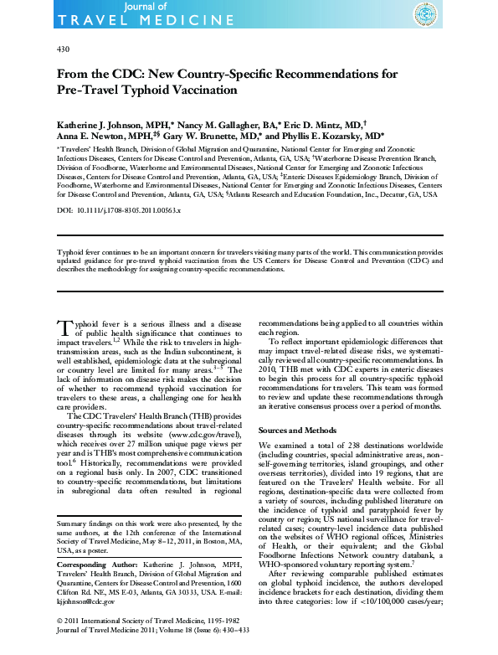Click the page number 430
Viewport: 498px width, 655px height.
click(x=63, y=49)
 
